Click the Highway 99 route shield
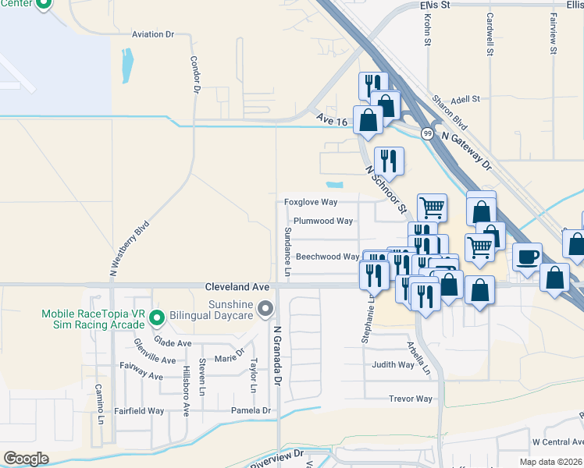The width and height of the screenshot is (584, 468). coord(427,133)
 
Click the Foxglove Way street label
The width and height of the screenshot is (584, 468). coord(310,202)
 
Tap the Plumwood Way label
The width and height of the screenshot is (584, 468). coord(323,221)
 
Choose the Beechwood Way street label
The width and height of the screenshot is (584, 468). coord(327,257)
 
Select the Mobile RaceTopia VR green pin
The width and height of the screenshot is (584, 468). coord(157,317)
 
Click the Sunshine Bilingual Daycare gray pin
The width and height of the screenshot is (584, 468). coord(265,310)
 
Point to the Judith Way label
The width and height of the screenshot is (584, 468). coord(393,364)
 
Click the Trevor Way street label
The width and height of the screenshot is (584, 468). coord(410,399)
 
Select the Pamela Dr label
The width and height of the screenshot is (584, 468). coord(251,410)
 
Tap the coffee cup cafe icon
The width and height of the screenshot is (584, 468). coord(528,256)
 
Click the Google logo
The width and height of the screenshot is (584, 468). coord(26,459)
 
